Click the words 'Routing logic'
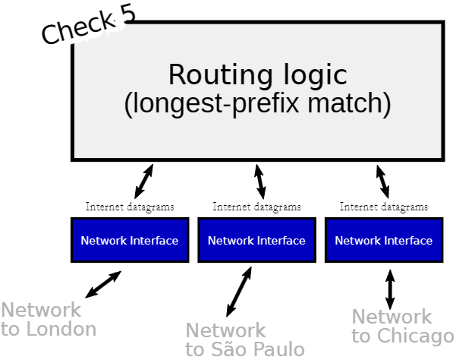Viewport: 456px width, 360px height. pyautogui.click(x=257, y=75)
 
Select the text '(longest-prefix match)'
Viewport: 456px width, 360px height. pyautogui.click(x=257, y=104)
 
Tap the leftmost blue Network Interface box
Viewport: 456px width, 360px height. pyautogui.click(x=130, y=240)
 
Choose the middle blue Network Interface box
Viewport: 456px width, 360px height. pyautogui.click(x=256, y=240)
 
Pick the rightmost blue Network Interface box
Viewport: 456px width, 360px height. pyautogui.click(x=383, y=240)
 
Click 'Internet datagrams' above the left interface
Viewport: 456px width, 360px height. pyautogui.click(x=130, y=207)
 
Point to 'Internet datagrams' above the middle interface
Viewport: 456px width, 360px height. pyautogui.click(x=256, y=207)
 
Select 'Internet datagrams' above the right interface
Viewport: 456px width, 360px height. pyautogui.click(x=383, y=207)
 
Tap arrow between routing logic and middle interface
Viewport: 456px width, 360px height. pyautogui.click(x=259, y=181)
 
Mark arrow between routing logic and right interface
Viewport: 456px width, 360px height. pyautogui.click(x=382, y=181)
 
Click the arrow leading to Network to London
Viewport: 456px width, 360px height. pyautogui.click(x=103, y=284)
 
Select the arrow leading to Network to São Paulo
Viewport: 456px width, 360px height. pyautogui.click(x=239, y=291)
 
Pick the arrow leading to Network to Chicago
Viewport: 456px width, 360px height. pyautogui.click(x=390, y=288)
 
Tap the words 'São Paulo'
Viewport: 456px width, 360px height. pyautogui.click(x=263, y=349)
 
